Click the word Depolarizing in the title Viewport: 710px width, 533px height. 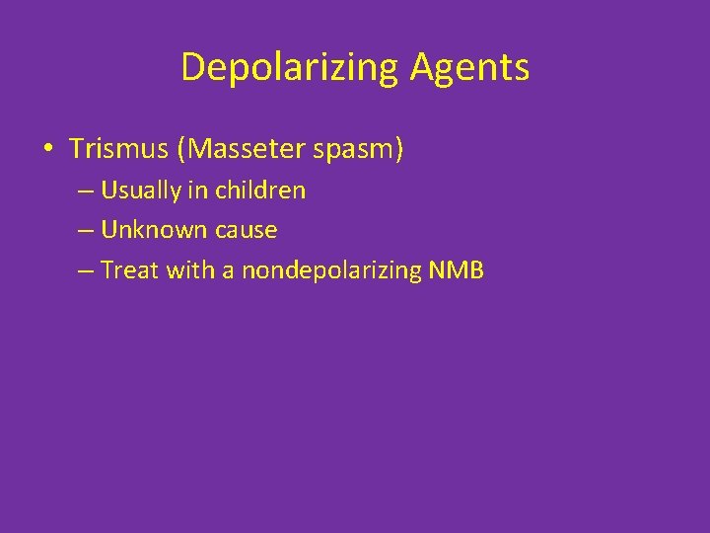click(x=290, y=68)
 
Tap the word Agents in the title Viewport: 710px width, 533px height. click(x=470, y=68)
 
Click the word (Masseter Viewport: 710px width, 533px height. click(x=237, y=149)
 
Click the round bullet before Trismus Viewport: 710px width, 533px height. click(x=47, y=150)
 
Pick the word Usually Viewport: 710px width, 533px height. click(x=141, y=190)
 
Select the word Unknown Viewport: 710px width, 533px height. click(x=146, y=230)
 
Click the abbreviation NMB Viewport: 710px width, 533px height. click(x=457, y=270)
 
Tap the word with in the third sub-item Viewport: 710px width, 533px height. click(x=189, y=270)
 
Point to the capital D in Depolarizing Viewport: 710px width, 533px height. click(x=192, y=68)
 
